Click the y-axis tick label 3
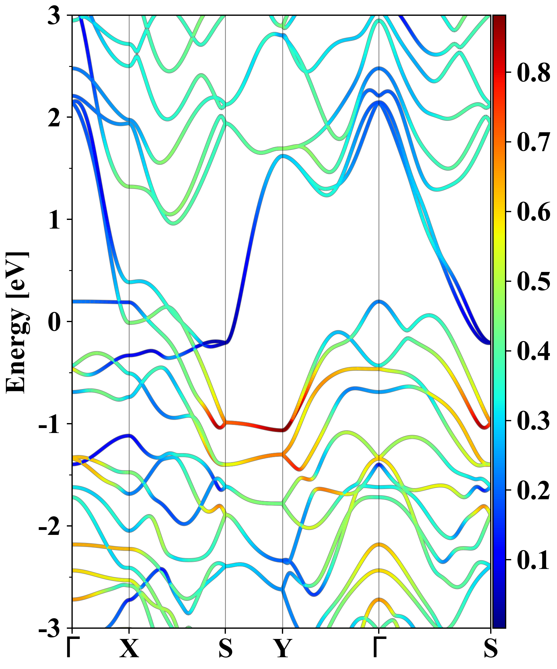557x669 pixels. pyautogui.click(x=54, y=16)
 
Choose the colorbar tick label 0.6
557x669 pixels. pyautogui.click(x=533, y=212)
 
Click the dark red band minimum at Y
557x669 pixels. pyautogui.click(x=282, y=430)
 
